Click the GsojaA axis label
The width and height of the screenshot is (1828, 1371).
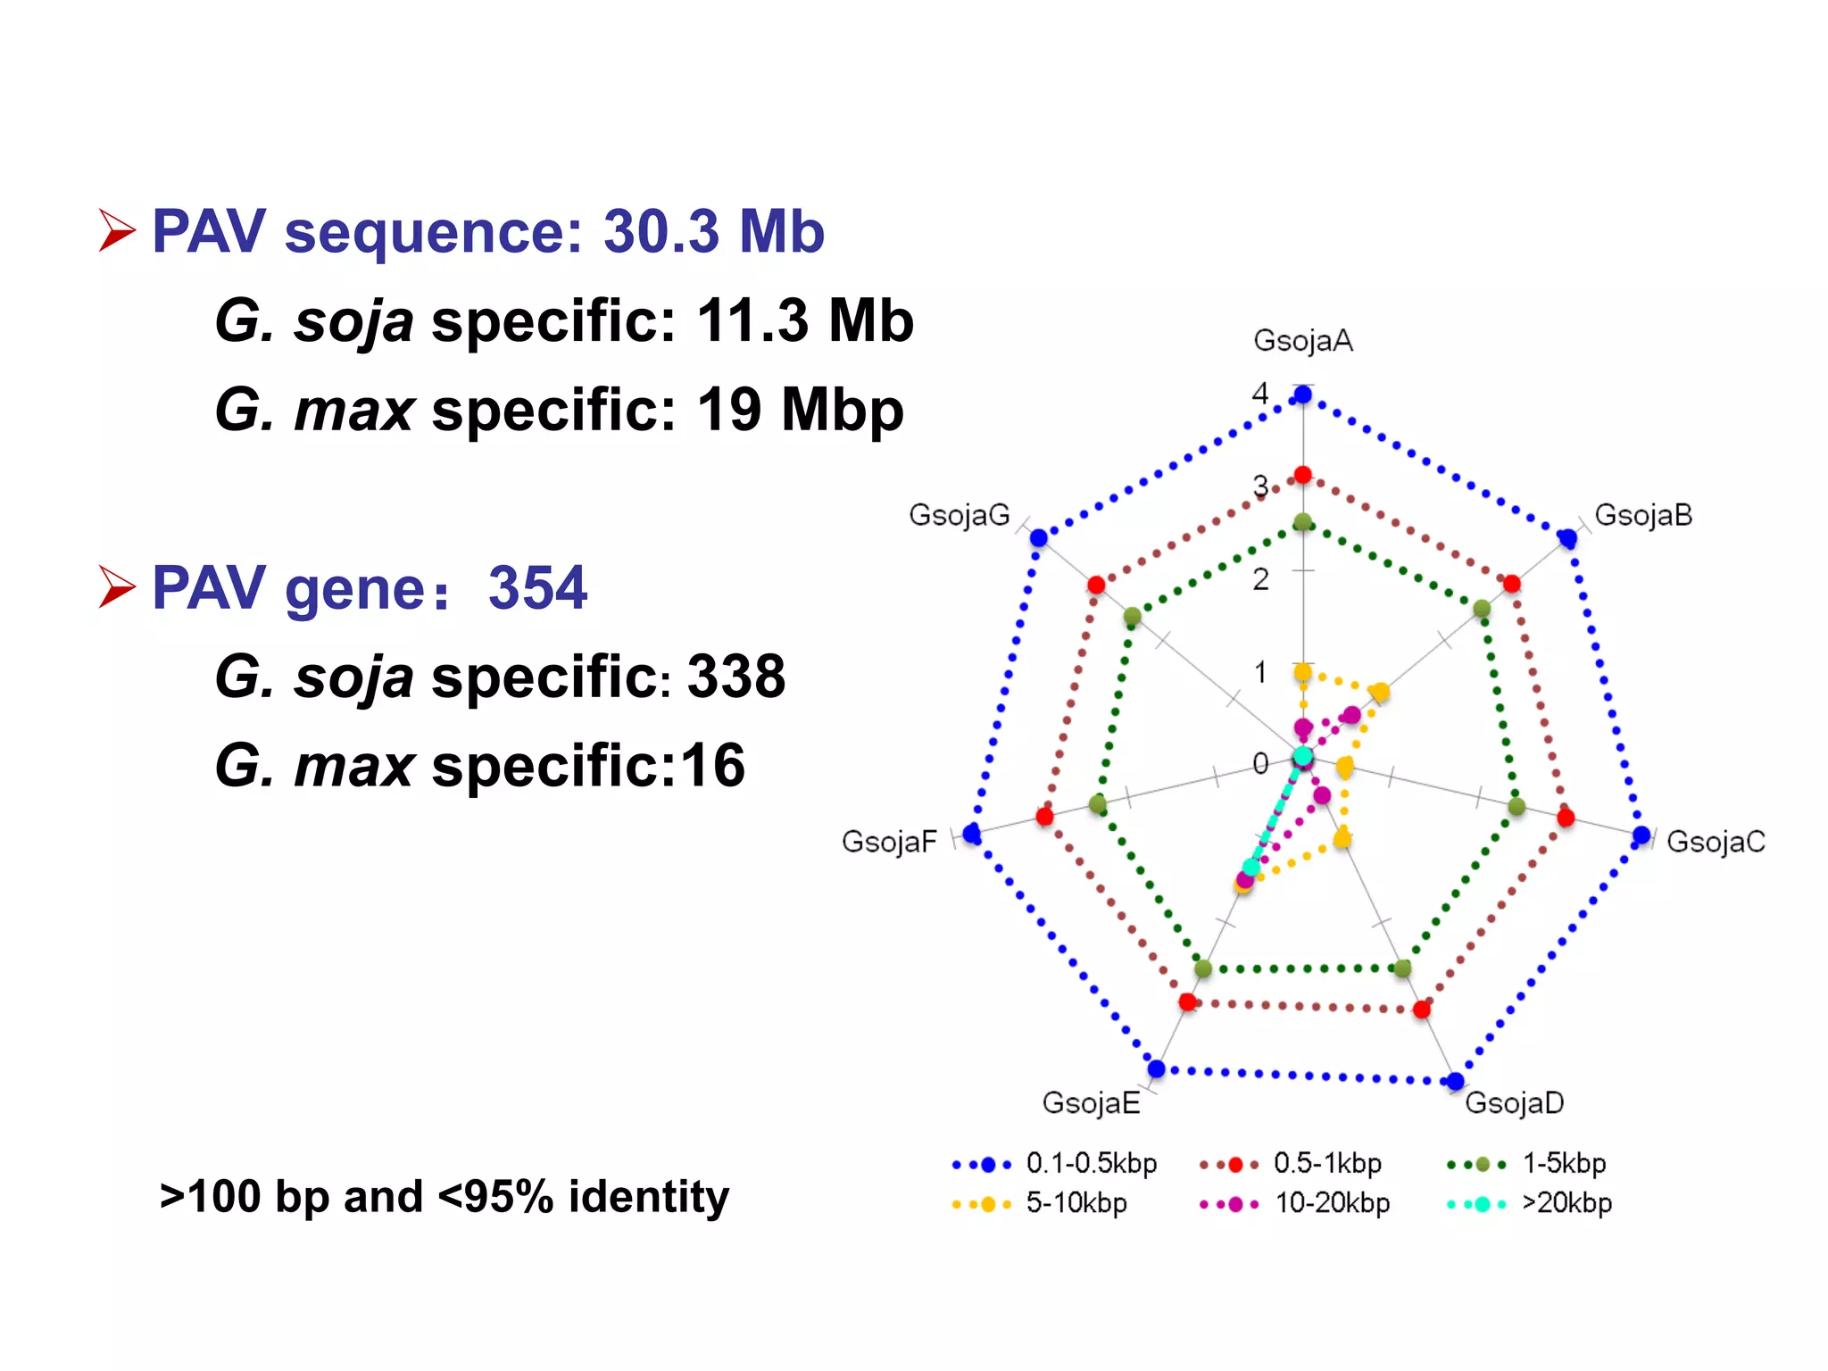(x=1302, y=341)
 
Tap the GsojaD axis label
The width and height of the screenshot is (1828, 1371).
(x=1514, y=1102)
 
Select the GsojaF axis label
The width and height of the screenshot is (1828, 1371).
(x=889, y=841)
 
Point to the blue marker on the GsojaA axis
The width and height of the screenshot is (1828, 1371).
(x=1303, y=395)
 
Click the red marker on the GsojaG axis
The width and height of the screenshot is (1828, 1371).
(x=1096, y=585)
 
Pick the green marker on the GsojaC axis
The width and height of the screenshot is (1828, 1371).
(x=1516, y=807)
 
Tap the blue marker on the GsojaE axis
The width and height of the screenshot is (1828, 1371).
(x=1157, y=1068)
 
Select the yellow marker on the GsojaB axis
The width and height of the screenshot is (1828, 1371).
(x=1380, y=692)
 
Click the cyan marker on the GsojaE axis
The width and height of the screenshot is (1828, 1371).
(x=1251, y=867)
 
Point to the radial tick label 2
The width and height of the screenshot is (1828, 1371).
(x=1260, y=579)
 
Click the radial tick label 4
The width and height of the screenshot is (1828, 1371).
(x=1260, y=393)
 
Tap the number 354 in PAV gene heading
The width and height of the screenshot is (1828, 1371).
(x=537, y=588)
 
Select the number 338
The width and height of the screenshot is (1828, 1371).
(x=736, y=677)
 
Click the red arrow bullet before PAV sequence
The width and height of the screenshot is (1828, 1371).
(x=117, y=231)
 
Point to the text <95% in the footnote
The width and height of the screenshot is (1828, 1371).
(x=495, y=1197)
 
